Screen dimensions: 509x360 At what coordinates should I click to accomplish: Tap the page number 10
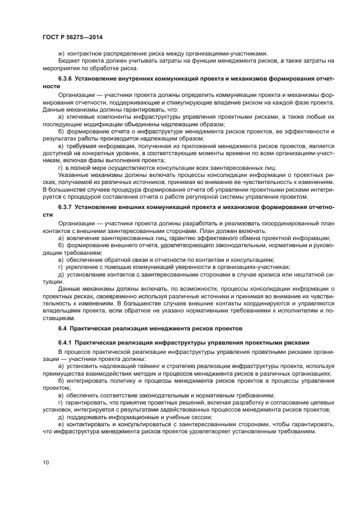click(45, 462)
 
